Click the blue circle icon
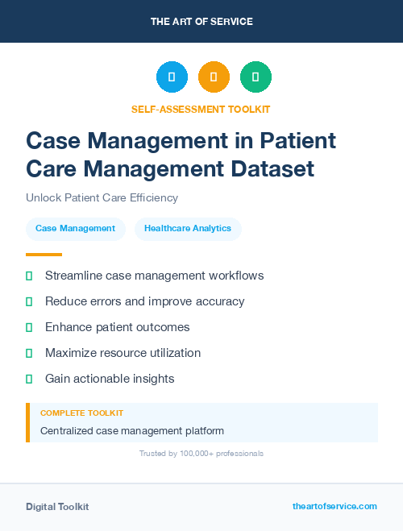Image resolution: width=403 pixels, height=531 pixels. tap(172, 77)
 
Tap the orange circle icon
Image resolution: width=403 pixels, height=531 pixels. tap(214, 77)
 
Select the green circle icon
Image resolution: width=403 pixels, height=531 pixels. tap(256, 77)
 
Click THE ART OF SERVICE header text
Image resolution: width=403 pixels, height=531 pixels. tap(201, 22)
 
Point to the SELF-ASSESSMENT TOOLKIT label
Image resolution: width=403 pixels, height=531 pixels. tap(201, 109)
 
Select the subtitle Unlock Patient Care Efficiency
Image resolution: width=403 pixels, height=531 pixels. tap(102, 197)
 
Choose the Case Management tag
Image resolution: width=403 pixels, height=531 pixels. tap(76, 229)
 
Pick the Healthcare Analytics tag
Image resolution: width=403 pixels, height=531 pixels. tap(188, 229)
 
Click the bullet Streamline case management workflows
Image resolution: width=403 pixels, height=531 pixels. tap(154, 276)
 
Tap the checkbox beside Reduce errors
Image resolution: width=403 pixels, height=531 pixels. tap(29, 301)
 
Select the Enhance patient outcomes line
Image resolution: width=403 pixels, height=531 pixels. tap(117, 327)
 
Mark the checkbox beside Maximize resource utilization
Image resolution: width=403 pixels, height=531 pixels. tap(29, 353)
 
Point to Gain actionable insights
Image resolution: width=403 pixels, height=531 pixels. tap(110, 379)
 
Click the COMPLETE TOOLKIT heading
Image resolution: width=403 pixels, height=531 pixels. tap(81, 413)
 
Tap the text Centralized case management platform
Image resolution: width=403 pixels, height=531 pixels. tap(132, 431)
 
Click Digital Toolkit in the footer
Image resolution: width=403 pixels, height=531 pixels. tap(57, 507)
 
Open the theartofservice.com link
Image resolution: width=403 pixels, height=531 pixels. tap(334, 506)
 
